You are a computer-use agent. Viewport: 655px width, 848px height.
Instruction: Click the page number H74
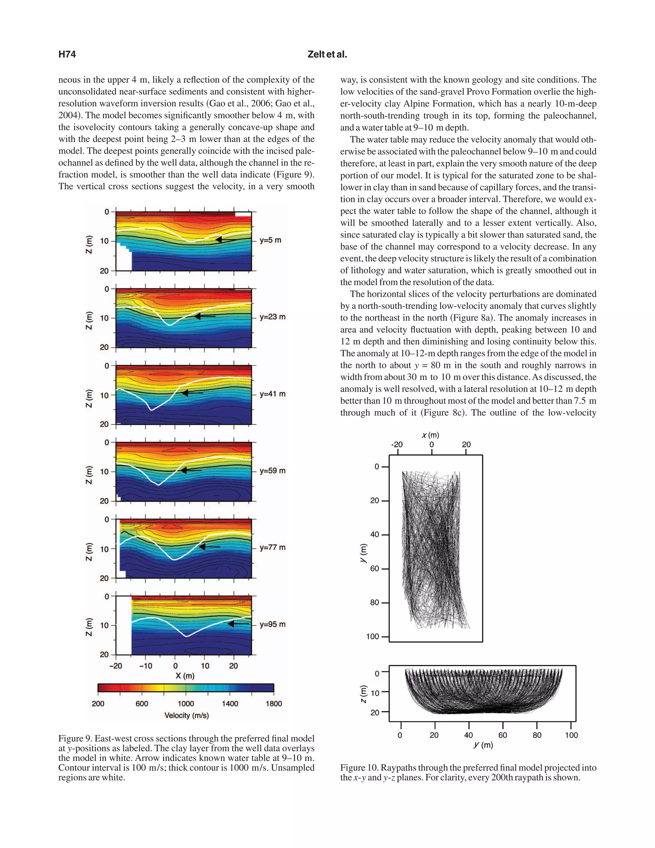tap(67, 54)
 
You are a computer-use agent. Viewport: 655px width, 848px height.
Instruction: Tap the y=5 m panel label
tap(271, 240)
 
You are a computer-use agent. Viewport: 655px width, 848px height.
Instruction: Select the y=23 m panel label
tap(272, 317)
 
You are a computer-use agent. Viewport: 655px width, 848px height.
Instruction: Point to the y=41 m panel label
tap(272, 394)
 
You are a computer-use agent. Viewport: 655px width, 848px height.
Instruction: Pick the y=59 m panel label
tap(272, 471)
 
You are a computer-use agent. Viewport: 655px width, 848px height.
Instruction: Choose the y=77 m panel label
tap(272, 548)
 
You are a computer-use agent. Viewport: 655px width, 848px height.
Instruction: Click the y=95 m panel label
tap(272, 624)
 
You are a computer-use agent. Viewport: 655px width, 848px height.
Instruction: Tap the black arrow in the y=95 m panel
tap(238, 624)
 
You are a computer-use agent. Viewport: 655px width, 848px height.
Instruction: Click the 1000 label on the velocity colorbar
tap(186, 704)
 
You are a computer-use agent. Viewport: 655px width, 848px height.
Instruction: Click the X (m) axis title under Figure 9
tap(185, 676)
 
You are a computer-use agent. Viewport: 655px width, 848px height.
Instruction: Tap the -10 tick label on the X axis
tap(146, 666)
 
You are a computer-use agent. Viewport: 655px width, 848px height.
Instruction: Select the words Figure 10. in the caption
tap(359, 768)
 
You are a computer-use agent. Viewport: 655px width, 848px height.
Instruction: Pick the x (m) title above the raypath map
tap(430, 435)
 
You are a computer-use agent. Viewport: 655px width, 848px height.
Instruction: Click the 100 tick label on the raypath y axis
tap(372, 636)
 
